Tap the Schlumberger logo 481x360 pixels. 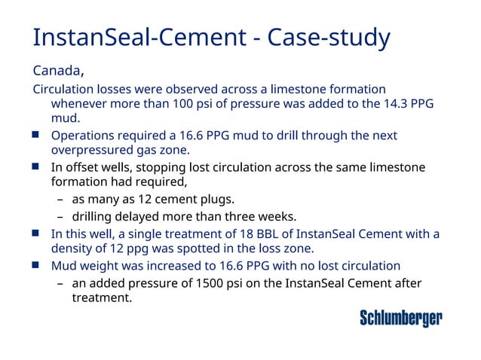click(400, 318)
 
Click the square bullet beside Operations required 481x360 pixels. click(36, 136)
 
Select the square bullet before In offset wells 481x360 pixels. click(36, 167)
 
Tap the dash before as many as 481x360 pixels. click(60, 200)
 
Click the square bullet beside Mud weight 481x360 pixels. click(36, 265)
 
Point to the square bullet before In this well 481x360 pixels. click(36, 233)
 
